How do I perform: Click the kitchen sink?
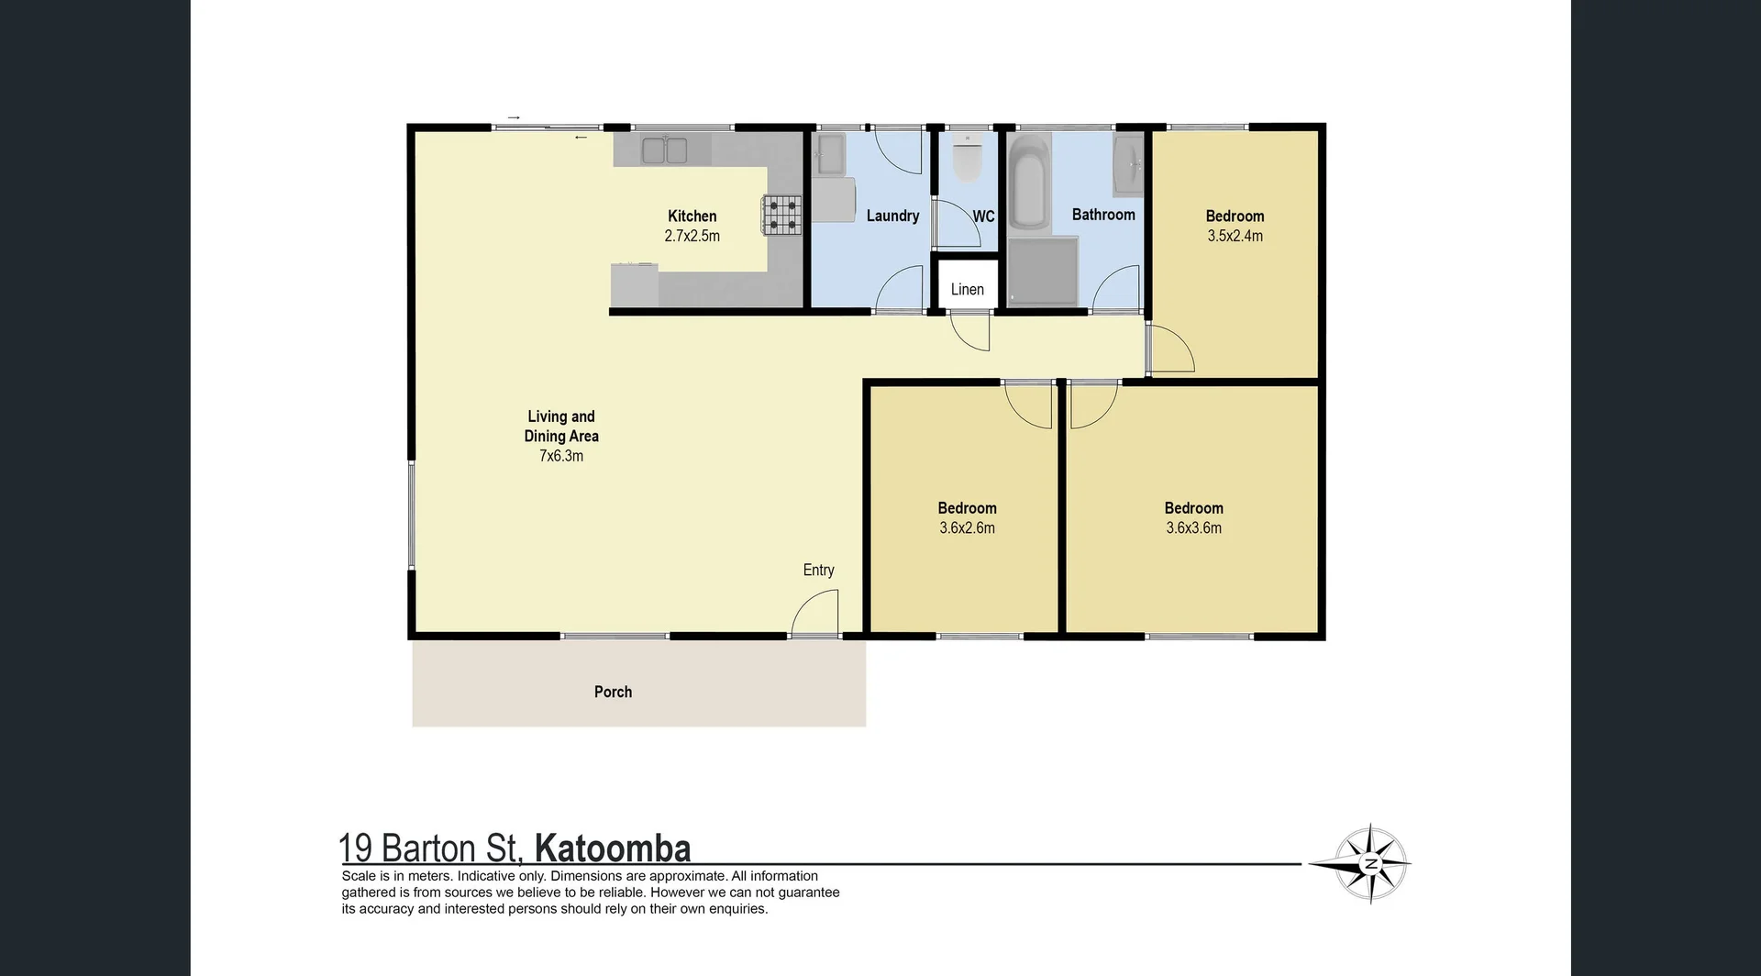664,150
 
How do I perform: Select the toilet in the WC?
967,158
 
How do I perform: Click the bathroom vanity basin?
1128,165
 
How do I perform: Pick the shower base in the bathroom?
1043,270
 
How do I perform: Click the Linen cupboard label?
967,289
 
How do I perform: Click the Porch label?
613,692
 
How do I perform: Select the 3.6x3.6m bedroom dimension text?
1193,527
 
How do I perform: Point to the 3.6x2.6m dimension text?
967,527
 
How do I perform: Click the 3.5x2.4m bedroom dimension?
1235,236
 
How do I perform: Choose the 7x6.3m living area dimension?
560,456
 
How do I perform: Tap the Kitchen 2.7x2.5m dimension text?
692,236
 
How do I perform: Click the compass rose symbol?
1370,863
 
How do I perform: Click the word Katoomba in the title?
612,848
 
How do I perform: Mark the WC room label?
983,216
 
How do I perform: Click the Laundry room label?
892,216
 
